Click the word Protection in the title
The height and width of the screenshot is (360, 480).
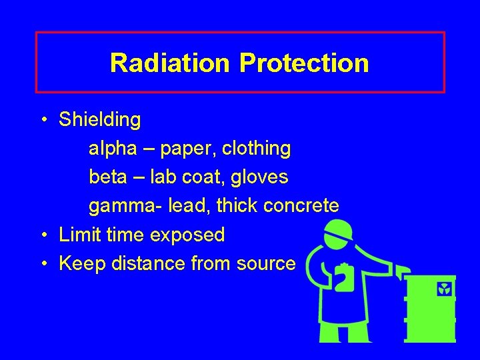[x=303, y=63]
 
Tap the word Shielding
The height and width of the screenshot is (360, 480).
[x=100, y=120]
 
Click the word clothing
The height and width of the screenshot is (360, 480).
[x=257, y=149]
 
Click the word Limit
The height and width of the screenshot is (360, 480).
[x=81, y=235]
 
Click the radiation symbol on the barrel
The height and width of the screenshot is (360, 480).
[x=444, y=289]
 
